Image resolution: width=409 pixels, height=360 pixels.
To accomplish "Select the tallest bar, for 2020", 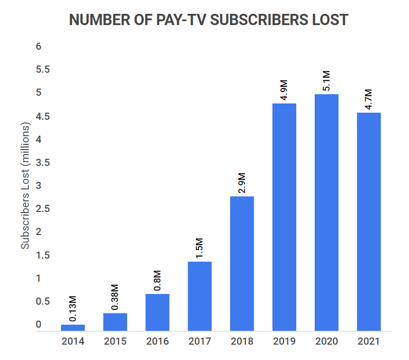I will (326, 212).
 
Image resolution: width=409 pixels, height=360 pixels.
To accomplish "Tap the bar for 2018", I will (242, 263).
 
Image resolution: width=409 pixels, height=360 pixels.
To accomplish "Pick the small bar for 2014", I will (73, 327).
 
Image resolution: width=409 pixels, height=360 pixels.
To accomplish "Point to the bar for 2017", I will (199, 296).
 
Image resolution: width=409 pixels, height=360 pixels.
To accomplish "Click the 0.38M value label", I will (116, 297).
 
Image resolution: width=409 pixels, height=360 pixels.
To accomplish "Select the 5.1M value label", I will (326, 80).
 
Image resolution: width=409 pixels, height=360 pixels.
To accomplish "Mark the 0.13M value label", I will (73, 308).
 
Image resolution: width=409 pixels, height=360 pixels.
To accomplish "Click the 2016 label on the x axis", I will (157, 341).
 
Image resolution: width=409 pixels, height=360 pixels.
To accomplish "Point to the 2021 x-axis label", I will (369, 341).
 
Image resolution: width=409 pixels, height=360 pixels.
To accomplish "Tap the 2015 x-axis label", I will (115, 341).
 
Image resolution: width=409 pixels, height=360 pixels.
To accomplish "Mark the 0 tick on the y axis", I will (38, 325).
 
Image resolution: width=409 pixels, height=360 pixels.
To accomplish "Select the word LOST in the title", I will (329, 20).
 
